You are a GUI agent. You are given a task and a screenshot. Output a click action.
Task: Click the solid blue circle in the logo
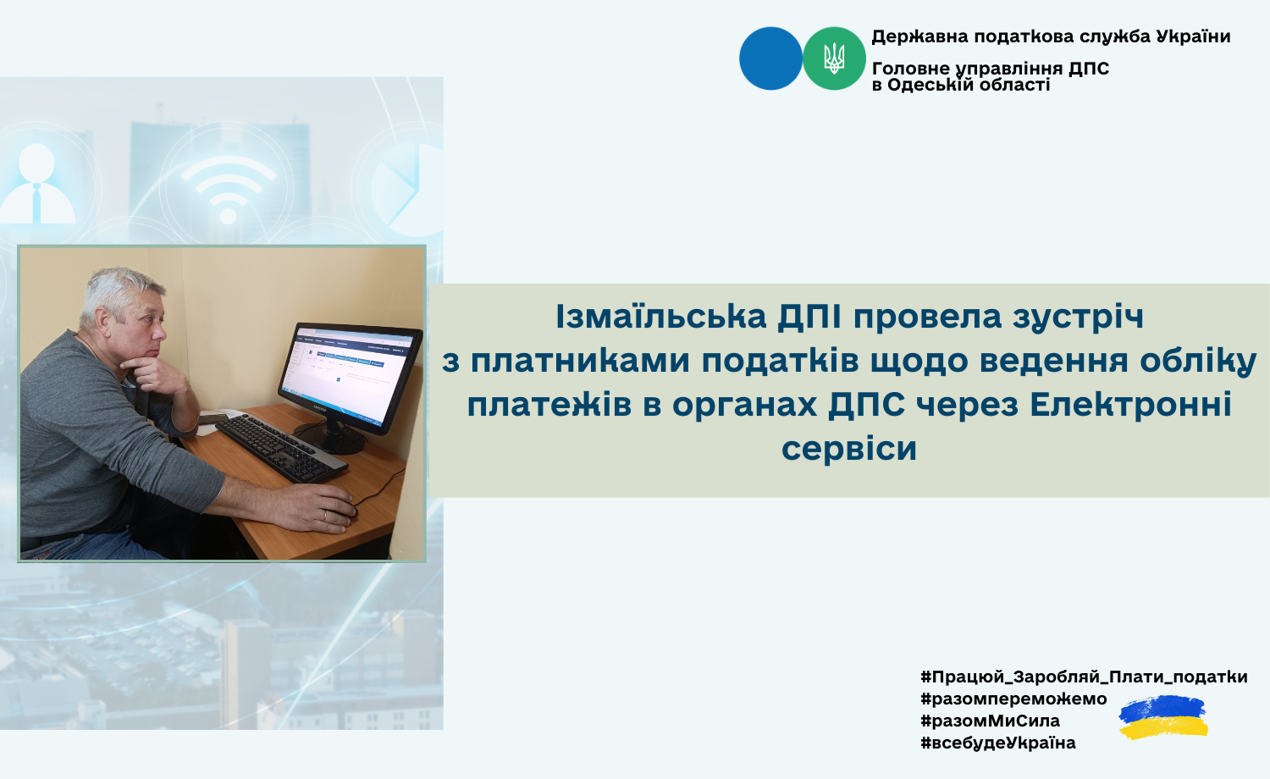click(770, 58)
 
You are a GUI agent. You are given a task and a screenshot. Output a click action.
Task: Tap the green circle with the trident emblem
click(834, 58)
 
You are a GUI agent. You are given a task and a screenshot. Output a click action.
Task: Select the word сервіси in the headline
click(848, 449)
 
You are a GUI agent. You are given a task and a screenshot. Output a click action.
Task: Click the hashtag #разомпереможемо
click(1013, 699)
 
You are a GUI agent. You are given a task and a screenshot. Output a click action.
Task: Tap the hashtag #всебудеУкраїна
click(998, 743)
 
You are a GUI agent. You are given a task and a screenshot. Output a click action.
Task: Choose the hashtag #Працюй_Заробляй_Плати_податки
click(1084, 677)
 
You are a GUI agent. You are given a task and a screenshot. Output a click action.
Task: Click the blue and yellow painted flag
click(1163, 717)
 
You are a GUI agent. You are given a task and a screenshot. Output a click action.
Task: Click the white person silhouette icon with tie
click(37, 183)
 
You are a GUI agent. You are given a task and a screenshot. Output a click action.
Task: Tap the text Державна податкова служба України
click(1051, 37)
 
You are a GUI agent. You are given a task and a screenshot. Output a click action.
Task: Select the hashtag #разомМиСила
click(990, 721)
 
